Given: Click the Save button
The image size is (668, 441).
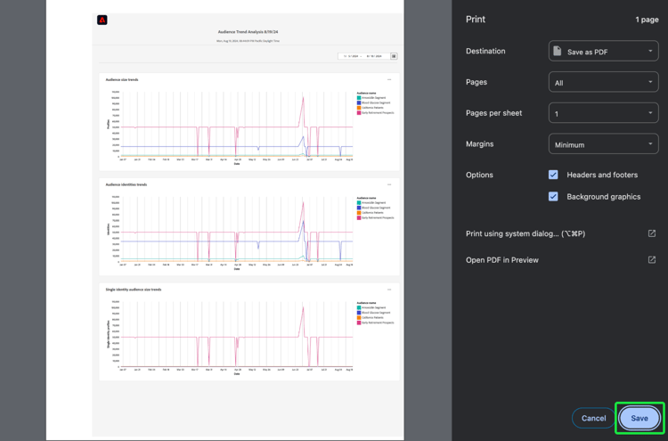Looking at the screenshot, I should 639,418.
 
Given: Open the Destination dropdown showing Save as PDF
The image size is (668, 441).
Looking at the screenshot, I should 603,52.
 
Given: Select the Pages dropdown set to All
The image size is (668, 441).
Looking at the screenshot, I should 603,83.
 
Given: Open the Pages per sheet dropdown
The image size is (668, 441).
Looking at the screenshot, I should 603,114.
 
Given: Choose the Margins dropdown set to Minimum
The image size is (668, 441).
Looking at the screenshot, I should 603,144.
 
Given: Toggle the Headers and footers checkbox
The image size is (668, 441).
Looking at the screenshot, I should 553,175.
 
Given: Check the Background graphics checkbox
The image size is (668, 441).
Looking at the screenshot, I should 553,196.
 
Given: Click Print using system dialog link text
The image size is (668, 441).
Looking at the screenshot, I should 525,233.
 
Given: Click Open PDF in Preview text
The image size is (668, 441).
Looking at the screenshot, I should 502,260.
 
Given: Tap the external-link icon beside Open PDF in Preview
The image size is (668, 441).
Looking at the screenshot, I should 652,260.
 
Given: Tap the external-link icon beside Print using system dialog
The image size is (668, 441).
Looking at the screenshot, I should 652,233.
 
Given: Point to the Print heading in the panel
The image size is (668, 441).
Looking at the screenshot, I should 476,19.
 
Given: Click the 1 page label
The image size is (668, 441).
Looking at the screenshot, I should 647,20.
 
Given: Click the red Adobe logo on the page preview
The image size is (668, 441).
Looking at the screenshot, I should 102,20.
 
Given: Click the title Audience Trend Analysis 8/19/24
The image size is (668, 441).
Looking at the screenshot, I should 250,32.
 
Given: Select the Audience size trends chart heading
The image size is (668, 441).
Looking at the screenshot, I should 122,79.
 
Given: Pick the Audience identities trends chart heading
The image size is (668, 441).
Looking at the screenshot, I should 126,184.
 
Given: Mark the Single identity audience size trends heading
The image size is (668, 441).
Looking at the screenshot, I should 134,290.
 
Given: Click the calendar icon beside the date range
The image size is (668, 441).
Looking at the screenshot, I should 394,56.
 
